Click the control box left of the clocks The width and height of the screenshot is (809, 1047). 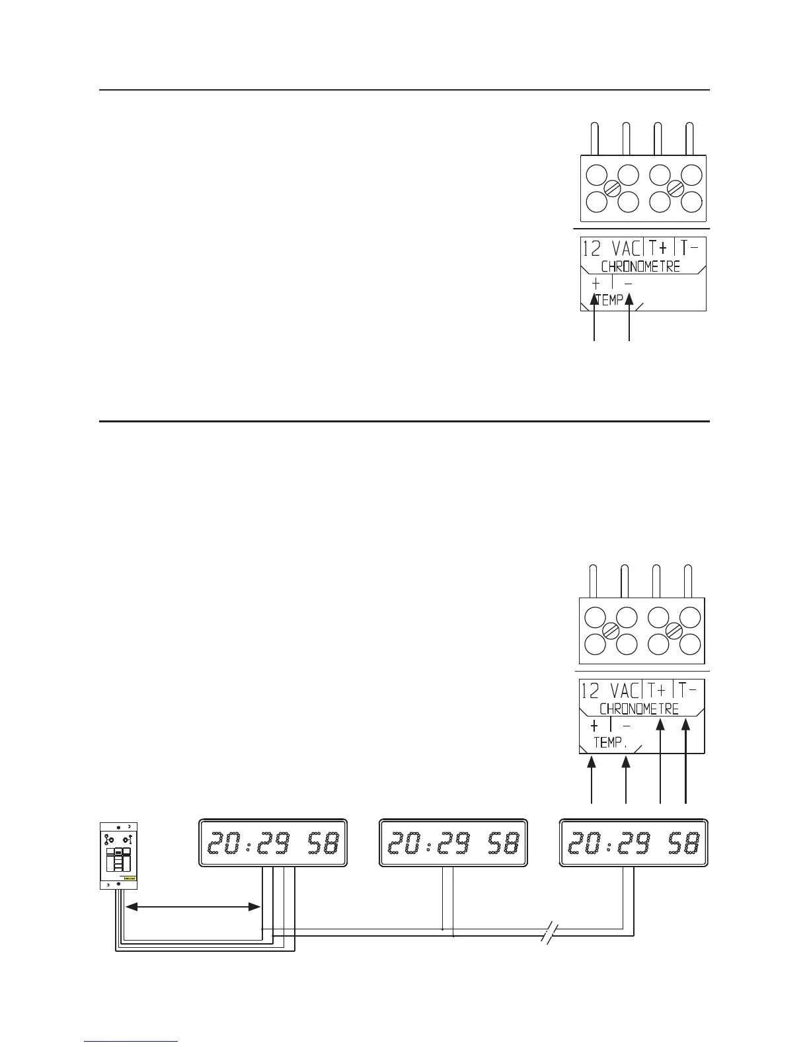[x=119, y=855]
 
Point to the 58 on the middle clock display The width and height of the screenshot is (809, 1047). [x=504, y=842]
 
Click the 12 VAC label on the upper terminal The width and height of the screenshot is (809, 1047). [x=611, y=249]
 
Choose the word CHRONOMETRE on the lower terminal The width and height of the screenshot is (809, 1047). [x=640, y=709]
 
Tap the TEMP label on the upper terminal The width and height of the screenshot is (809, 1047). [x=609, y=301]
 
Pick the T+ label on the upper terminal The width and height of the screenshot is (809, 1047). [x=658, y=249]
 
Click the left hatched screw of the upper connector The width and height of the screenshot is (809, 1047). [x=613, y=188]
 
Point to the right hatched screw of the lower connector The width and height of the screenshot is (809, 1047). [x=674, y=631]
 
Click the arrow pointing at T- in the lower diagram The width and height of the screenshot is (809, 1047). [x=686, y=760]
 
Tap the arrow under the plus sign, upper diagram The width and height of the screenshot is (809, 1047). [x=596, y=317]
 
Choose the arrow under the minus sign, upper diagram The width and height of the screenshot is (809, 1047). [x=629, y=317]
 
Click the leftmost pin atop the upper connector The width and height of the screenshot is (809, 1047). [x=595, y=139]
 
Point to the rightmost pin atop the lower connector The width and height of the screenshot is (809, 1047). [x=689, y=581]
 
